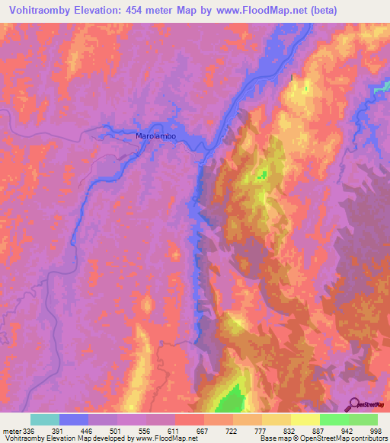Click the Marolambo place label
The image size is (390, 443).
pyautogui.click(x=156, y=135)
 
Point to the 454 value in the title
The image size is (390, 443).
pyautogui.click(x=134, y=10)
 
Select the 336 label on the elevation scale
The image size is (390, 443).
pyautogui.click(x=30, y=430)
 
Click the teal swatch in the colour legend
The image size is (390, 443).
pyautogui.click(x=45, y=419)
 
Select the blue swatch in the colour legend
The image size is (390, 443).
pyautogui.click(x=74, y=419)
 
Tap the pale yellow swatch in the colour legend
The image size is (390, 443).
pyautogui.click(x=305, y=419)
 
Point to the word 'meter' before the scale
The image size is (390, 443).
pyautogui.click(x=11, y=430)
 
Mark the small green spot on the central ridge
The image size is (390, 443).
pyautogui.click(x=261, y=176)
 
